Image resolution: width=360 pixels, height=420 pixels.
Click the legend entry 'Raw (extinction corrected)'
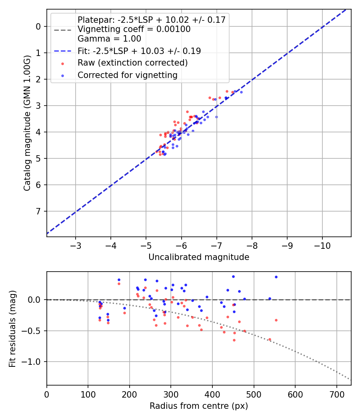coord(132,63)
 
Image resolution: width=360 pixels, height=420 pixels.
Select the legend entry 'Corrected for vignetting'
coord(127,75)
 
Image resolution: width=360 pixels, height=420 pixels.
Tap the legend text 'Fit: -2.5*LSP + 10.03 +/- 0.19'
coord(139,51)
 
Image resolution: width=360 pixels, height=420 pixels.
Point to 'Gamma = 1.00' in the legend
coord(109,39)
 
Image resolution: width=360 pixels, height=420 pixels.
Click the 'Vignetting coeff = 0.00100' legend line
coord(134,29)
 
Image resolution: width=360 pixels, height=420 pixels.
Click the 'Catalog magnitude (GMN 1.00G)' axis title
coord(27,123)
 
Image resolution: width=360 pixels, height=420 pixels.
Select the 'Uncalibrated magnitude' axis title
coord(199,257)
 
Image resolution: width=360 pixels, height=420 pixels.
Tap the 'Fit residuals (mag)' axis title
coord(12,329)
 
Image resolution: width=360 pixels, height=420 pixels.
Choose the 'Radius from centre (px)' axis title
coord(199,406)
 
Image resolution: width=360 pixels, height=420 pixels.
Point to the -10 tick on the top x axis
coord(322,245)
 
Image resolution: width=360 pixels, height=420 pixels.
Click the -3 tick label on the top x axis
coord(76,245)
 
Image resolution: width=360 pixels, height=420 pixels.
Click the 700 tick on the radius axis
coord(336,394)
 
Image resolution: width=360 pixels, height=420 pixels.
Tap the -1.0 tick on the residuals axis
coord(34,362)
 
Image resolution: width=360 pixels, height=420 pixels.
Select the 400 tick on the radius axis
coord(212,394)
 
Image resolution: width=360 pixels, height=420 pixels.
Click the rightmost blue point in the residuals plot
coord(276,277)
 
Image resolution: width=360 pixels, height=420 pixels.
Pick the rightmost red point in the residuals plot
coord(276,320)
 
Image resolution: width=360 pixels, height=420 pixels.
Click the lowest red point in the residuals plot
coord(234,340)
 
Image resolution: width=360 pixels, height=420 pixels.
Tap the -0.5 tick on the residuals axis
coord(34,331)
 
